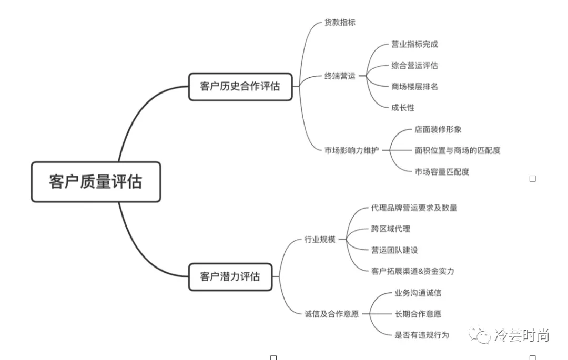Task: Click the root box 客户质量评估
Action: pyautogui.click(x=96, y=182)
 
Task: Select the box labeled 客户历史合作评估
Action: pyautogui.click(x=240, y=87)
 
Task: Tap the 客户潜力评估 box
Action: pyautogui.click(x=230, y=276)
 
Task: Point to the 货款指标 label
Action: pyautogui.click(x=340, y=23)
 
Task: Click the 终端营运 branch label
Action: pyautogui.click(x=340, y=76)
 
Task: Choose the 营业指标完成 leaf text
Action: pyautogui.click(x=414, y=45)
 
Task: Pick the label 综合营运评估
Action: pyautogui.click(x=414, y=66)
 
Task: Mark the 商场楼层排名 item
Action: pyautogui.click(x=414, y=87)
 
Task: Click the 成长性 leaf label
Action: pyautogui.click(x=403, y=108)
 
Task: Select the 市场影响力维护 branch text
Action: pyautogui.click(x=351, y=150)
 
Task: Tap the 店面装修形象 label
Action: pyautogui.click(x=438, y=129)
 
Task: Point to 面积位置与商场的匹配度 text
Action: pyautogui.click(x=458, y=150)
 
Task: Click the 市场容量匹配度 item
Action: pyautogui.click(x=442, y=171)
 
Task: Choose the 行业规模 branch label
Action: pyautogui.click(x=320, y=240)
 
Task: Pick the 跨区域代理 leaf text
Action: pyautogui.click(x=390, y=229)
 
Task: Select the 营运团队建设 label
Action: pyautogui.click(x=394, y=250)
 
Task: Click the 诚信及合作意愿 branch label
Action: pyautogui.click(x=331, y=314)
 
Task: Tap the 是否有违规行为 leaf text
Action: pyautogui.click(x=422, y=335)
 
